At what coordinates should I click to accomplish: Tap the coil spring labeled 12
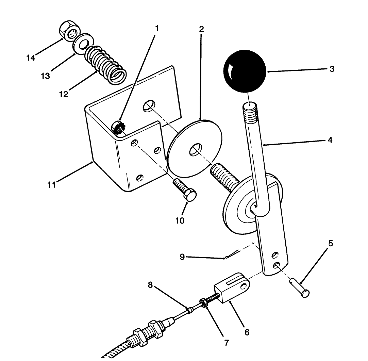(x=106, y=64)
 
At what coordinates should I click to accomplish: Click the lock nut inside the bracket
(x=118, y=128)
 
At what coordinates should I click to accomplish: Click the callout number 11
(x=51, y=185)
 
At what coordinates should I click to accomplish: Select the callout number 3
(x=332, y=69)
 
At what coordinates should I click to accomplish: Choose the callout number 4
(x=330, y=140)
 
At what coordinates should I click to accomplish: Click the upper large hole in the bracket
(x=148, y=106)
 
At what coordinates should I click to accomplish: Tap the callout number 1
(x=156, y=29)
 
